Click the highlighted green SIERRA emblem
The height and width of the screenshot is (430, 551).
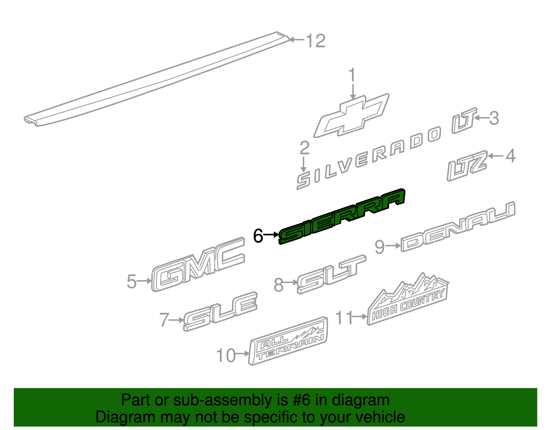pos(342,217)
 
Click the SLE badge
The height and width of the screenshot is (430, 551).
pos(220,312)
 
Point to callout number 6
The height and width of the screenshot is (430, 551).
pos(258,236)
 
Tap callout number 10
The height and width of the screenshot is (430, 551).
pos(226,355)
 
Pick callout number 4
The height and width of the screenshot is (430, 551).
pos(510,156)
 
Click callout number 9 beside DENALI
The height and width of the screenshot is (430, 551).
pos(380,247)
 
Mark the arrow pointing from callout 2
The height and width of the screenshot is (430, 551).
pos(303,164)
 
